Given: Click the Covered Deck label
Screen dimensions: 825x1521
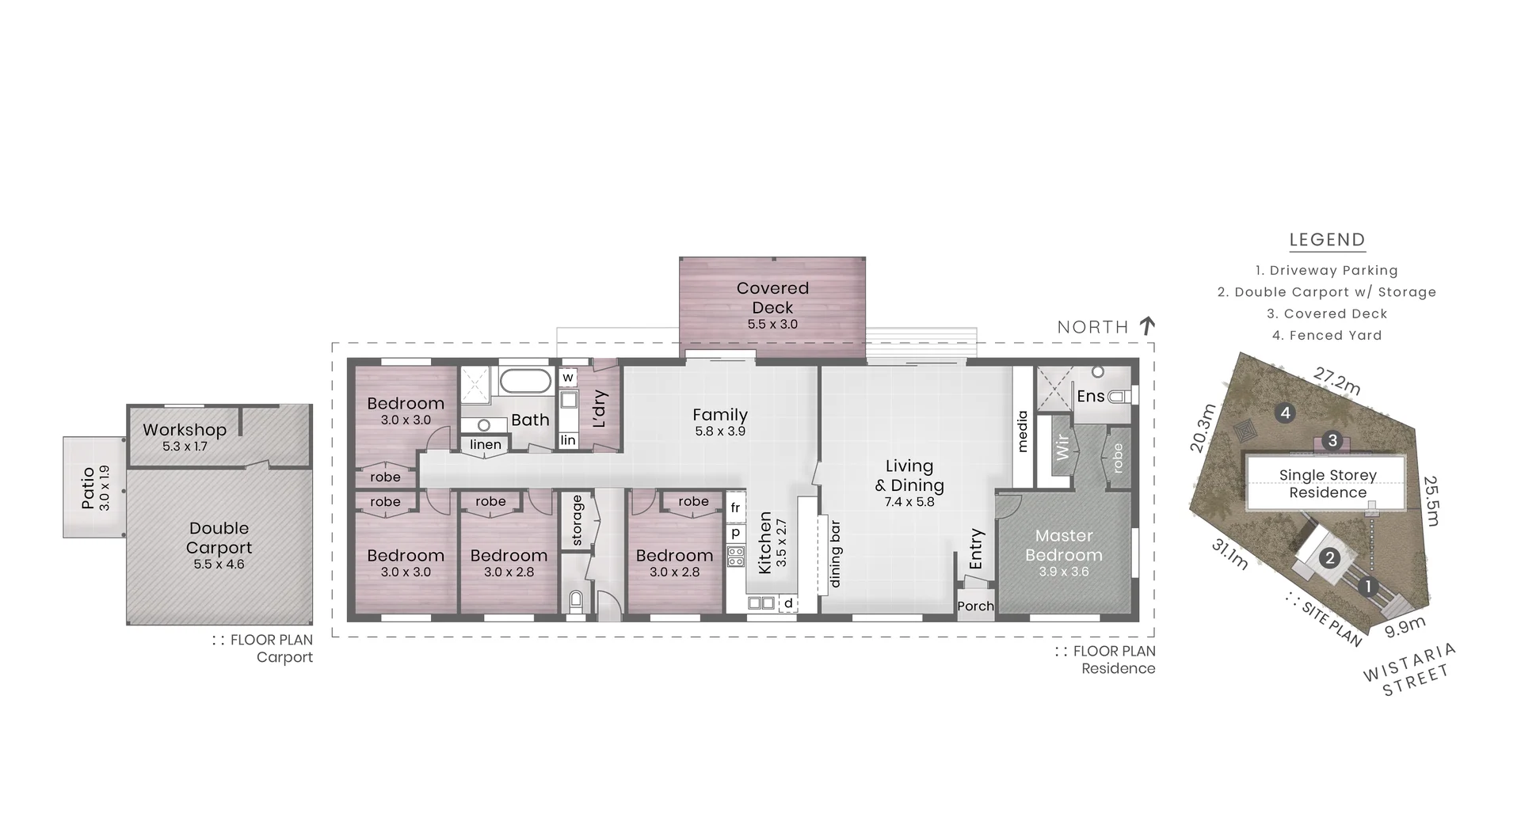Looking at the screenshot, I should (x=772, y=298).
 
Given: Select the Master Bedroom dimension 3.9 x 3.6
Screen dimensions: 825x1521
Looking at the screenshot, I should (x=1063, y=572).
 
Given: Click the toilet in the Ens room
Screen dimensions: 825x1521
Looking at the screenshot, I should (x=1119, y=396).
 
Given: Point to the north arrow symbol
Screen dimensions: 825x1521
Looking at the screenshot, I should (x=1147, y=325).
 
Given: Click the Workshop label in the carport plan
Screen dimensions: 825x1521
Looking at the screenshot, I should (x=185, y=430).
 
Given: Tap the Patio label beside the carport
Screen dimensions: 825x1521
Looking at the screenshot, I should (x=88, y=488).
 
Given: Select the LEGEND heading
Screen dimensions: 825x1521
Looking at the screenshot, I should (x=1327, y=240).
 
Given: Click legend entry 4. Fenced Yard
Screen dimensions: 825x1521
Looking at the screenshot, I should (x=1327, y=336).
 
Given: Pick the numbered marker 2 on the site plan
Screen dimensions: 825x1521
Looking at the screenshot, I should (x=1329, y=558).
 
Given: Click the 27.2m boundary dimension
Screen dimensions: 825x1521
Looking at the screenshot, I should (x=1337, y=381).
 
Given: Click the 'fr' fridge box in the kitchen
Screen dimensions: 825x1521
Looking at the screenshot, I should (x=735, y=508).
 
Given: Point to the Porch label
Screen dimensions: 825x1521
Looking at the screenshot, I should (x=975, y=606).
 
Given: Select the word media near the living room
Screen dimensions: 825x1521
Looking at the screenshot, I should (x=1022, y=432).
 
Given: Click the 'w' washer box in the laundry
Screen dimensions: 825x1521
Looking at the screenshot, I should (x=568, y=378).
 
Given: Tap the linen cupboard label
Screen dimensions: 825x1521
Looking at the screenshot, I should (x=486, y=445).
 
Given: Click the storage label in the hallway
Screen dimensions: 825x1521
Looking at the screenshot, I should (x=577, y=520).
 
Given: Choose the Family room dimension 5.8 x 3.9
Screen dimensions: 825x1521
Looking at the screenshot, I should (x=720, y=432).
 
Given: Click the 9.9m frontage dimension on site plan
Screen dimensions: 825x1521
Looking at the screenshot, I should (x=1405, y=627).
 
